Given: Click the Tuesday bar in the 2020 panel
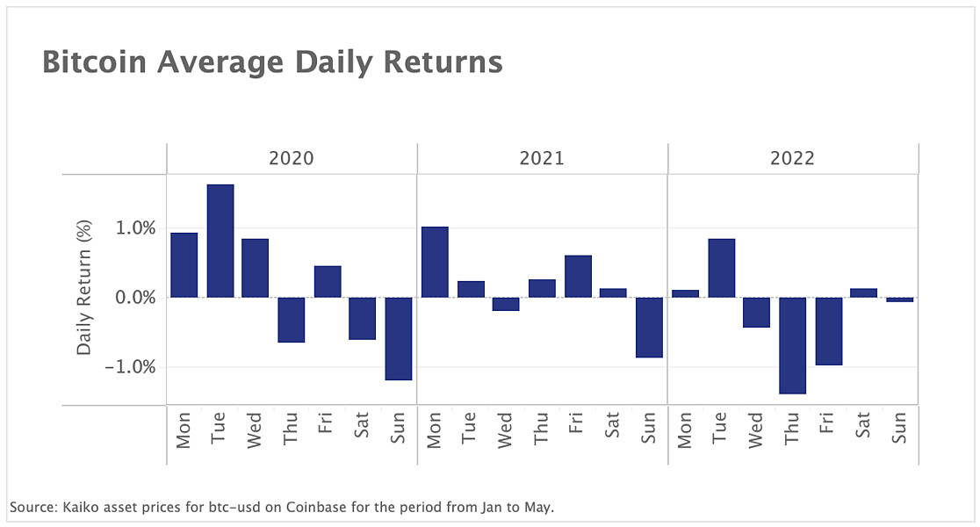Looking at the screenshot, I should coord(220,241).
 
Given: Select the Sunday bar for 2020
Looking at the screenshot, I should coord(399,338).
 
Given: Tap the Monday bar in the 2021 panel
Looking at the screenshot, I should coord(435,262).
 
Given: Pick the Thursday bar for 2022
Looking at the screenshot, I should coord(793,345).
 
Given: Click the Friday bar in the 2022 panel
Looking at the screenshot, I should coord(829,331).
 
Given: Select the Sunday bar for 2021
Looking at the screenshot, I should coord(649,327).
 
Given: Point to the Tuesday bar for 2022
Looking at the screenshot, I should coord(721,268).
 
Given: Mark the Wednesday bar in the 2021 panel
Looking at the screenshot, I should coord(506,304).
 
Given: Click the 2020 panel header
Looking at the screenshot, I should coord(291,159).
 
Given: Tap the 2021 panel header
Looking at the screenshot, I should coord(542,159).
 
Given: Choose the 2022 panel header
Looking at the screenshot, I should coord(792,159).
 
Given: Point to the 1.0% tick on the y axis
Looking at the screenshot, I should coord(136,228).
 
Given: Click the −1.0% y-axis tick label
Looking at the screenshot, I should coord(132,366).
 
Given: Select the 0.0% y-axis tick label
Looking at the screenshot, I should coord(136,297).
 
